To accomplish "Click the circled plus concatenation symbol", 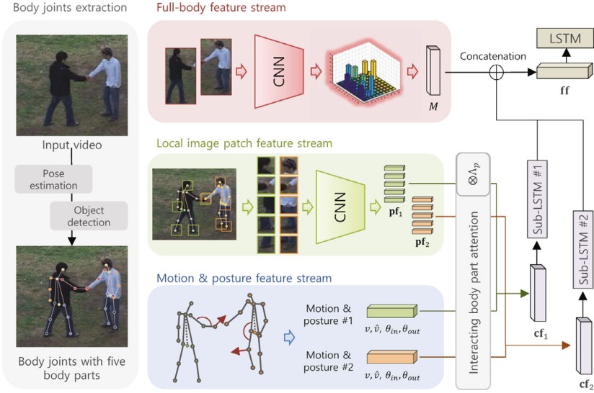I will [x=497, y=72].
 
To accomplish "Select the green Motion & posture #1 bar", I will [x=391, y=312].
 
